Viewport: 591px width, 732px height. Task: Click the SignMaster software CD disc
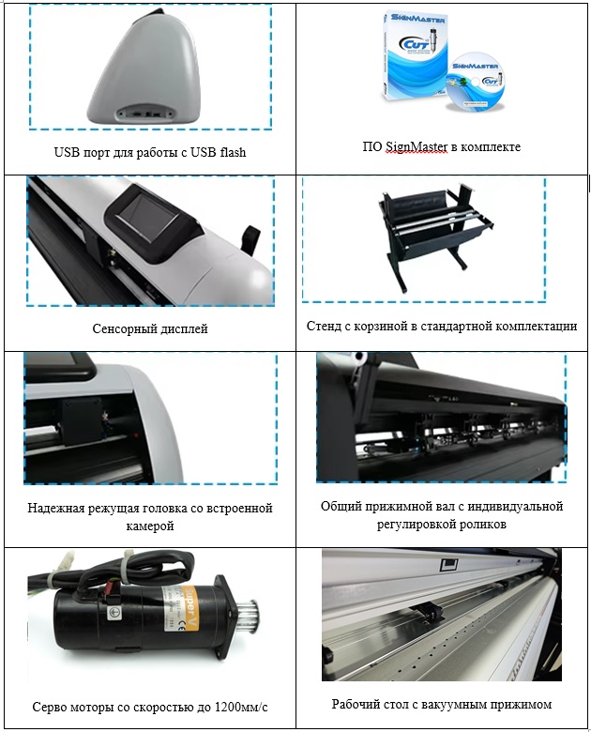[477, 82]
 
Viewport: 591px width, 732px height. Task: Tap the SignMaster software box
[413, 56]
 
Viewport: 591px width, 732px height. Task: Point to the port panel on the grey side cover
[146, 113]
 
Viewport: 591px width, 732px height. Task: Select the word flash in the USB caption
[231, 153]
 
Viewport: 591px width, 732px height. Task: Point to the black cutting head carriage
[83, 420]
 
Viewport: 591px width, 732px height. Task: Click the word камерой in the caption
[150, 526]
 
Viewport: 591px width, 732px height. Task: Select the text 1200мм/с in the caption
[241, 707]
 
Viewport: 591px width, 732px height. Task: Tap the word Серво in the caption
[49, 707]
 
